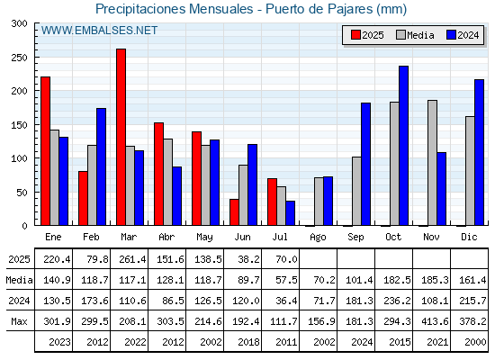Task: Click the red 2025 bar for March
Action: pyautogui.click(x=121, y=137)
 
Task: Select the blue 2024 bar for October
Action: pyautogui.click(x=404, y=146)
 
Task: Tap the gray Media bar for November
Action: pyautogui.click(x=432, y=163)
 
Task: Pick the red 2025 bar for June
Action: pyautogui.click(x=234, y=212)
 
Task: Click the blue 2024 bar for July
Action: pyautogui.click(x=290, y=213)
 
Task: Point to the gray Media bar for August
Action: pyautogui.click(x=319, y=202)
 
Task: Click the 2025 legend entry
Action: pyautogui.click(x=367, y=35)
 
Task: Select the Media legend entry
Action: pyautogui.click(x=415, y=35)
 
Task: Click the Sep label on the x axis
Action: pyautogui.click(x=355, y=238)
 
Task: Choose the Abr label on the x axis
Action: pyautogui.click(x=166, y=238)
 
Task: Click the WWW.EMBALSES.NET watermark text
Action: pyautogui.click(x=99, y=31)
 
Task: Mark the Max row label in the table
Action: pyautogui.click(x=19, y=321)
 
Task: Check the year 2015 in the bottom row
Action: pyautogui.click(x=400, y=342)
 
